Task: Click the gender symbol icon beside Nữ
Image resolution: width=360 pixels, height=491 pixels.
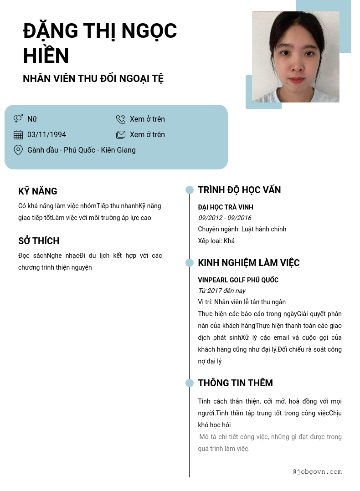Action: [x=18, y=119]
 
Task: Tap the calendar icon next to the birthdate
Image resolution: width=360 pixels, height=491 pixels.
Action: [x=18, y=134]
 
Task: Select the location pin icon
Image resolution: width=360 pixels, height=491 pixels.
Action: [x=18, y=150]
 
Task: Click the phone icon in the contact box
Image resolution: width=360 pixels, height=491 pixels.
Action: [x=121, y=119]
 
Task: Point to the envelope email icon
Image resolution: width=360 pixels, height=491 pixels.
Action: [x=121, y=134]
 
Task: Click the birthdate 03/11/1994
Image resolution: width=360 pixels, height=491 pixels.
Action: [x=46, y=134]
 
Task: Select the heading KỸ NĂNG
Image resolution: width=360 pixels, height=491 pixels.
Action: [x=38, y=191]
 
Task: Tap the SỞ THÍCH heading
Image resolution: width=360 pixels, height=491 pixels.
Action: [x=39, y=241]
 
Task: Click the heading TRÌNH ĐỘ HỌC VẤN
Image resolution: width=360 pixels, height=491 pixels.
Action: [x=239, y=190]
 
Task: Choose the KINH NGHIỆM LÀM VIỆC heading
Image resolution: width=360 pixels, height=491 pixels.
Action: [x=249, y=263]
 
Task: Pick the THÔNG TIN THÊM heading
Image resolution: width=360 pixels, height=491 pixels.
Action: [x=235, y=383]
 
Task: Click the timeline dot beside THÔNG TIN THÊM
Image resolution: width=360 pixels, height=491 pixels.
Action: [x=190, y=383]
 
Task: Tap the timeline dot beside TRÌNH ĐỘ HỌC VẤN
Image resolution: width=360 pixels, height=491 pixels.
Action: [x=190, y=190]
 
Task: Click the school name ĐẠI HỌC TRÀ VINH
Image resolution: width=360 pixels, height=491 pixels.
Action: [x=226, y=207]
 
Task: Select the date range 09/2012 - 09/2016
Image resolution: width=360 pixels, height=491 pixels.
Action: [x=225, y=218]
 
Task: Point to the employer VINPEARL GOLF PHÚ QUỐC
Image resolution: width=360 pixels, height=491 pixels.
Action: [x=238, y=280]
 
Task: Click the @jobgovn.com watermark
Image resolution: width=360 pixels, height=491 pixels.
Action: [x=317, y=472]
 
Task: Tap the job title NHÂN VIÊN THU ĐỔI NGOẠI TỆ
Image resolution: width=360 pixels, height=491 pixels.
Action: [x=93, y=78]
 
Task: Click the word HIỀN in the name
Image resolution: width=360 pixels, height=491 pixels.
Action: [x=46, y=56]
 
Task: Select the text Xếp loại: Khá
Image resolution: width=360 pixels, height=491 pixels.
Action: [x=216, y=241]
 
